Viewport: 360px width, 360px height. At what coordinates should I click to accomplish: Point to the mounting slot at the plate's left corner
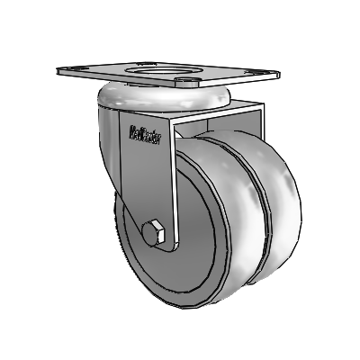[x=67, y=67]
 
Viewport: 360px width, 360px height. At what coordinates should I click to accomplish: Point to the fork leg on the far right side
[x=258, y=135]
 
